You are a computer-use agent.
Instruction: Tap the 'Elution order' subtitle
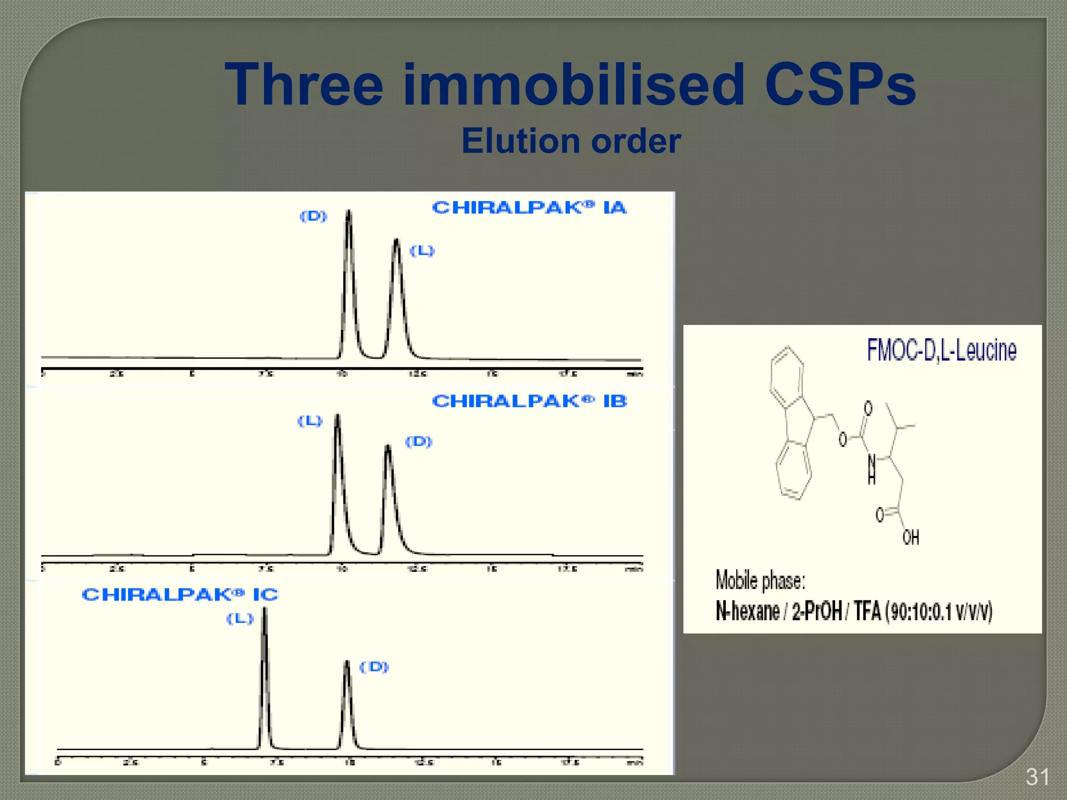[571, 141]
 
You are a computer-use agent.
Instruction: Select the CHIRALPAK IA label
[529, 208]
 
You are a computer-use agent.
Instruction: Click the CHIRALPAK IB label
[529, 402]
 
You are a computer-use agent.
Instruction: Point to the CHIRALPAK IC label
[180, 595]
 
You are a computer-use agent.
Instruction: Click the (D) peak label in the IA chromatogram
[314, 216]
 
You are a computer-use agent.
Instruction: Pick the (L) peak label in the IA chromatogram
[422, 251]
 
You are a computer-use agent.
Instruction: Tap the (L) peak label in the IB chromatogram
[310, 421]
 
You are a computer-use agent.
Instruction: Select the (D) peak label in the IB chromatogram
[419, 442]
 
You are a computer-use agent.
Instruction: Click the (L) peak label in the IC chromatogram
[240, 619]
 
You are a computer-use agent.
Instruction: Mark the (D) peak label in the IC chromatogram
[375, 667]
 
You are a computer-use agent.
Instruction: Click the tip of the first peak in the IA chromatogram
[349, 211]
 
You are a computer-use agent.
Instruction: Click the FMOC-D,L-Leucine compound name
[941, 350]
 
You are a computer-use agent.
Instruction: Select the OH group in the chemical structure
[911, 537]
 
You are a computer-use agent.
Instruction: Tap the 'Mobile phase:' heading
[760, 580]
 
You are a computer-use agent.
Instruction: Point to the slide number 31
[1037, 777]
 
